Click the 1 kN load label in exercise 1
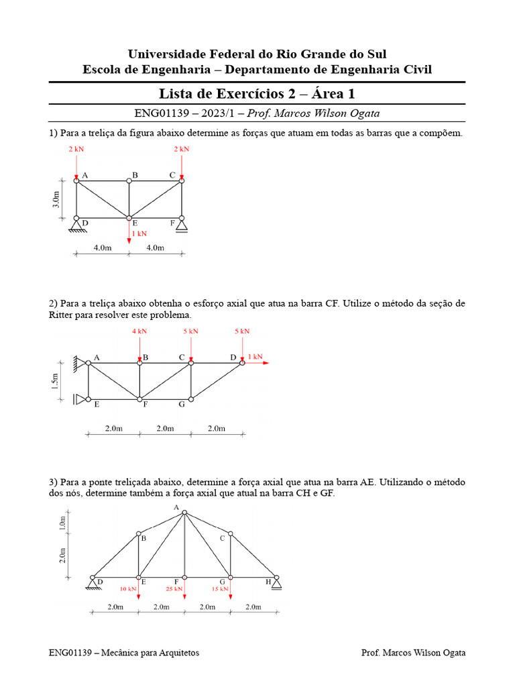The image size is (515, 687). click(x=139, y=233)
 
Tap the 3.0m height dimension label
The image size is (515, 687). click(x=56, y=199)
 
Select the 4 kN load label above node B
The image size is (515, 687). click(x=139, y=331)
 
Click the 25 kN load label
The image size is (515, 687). click(x=174, y=588)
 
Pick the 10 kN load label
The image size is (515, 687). click(x=128, y=588)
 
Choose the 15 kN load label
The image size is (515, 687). click(x=219, y=588)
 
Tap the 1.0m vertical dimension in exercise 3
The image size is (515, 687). click(x=62, y=523)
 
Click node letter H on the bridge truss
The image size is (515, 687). click(x=269, y=582)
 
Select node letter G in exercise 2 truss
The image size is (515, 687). click(x=182, y=405)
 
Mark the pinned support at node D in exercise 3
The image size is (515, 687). click(x=93, y=584)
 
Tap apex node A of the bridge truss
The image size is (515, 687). click(x=184, y=513)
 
